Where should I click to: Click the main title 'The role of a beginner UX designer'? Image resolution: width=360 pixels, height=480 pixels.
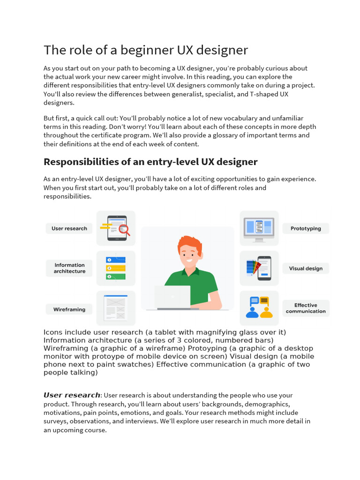click(x=146, y=50)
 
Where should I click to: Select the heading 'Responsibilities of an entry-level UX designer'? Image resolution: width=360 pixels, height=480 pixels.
click(x=150, y=162)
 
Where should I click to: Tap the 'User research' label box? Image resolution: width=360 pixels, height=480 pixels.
click(x=69, y=229)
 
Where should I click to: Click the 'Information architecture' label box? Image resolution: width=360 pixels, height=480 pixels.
click(x=69, y=268)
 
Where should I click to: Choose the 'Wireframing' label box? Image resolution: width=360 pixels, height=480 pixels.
click(x=69, y=309)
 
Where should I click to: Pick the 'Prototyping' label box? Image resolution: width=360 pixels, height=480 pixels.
click(x=306, y=229)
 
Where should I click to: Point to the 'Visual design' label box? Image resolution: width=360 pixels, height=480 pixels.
click(x=306, y=269)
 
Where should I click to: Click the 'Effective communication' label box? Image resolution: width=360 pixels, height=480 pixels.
click(x=306, y=308)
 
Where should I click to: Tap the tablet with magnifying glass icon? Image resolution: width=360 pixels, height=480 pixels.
click(x=116, y=228)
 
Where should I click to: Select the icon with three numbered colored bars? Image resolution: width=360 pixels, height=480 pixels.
click(x=116, y=268)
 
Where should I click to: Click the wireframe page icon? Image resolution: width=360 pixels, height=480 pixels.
click(x=116, y=307)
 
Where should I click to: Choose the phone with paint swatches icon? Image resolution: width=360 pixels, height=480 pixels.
click(x=259, y=268)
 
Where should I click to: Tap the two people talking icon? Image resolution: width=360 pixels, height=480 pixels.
click(x=259, y=307)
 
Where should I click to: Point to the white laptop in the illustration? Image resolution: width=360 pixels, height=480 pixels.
click(x=172, y=297)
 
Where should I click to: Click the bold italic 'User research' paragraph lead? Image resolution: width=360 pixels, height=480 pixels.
click(x=72, y=395)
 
